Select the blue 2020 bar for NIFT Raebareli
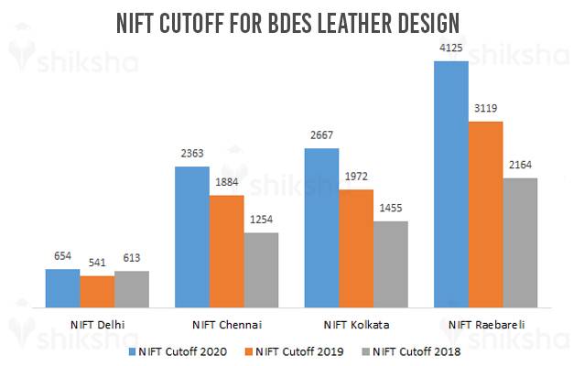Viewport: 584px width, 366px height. [451, 183]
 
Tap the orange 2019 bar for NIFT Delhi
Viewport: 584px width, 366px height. [97, 290]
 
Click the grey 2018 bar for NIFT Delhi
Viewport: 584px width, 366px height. [132, 287]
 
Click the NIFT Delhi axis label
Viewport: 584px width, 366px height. [97, 324]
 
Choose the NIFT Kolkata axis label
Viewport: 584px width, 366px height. [356, 324]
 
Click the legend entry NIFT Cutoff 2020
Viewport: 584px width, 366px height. [182, 350]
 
